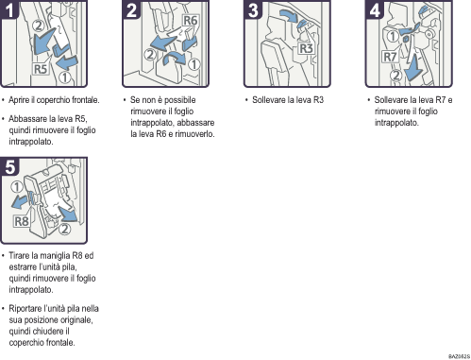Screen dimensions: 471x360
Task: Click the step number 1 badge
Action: point(9,9)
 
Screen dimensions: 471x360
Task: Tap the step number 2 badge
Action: point(131,9)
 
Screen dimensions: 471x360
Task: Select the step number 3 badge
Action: point(253,9)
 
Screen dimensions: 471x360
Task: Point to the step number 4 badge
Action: point(375,9)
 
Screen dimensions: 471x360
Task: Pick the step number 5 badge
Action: point(9,166)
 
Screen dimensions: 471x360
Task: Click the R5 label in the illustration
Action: point(41,69)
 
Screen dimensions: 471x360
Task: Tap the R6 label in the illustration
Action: point(191,21)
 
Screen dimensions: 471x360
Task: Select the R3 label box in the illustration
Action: point(306,48)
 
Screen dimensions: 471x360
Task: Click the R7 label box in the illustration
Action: point(390,57)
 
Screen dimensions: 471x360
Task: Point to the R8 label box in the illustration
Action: point(22,221)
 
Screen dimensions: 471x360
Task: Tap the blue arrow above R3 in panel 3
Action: point(289,15)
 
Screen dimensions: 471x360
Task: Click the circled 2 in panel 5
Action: point(64,229)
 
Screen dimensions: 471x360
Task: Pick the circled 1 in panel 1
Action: point(65,77)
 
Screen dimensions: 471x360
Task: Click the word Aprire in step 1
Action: point(19,100)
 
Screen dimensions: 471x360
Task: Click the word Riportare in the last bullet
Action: point(23,309)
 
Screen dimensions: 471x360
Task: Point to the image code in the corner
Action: point(459,356)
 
